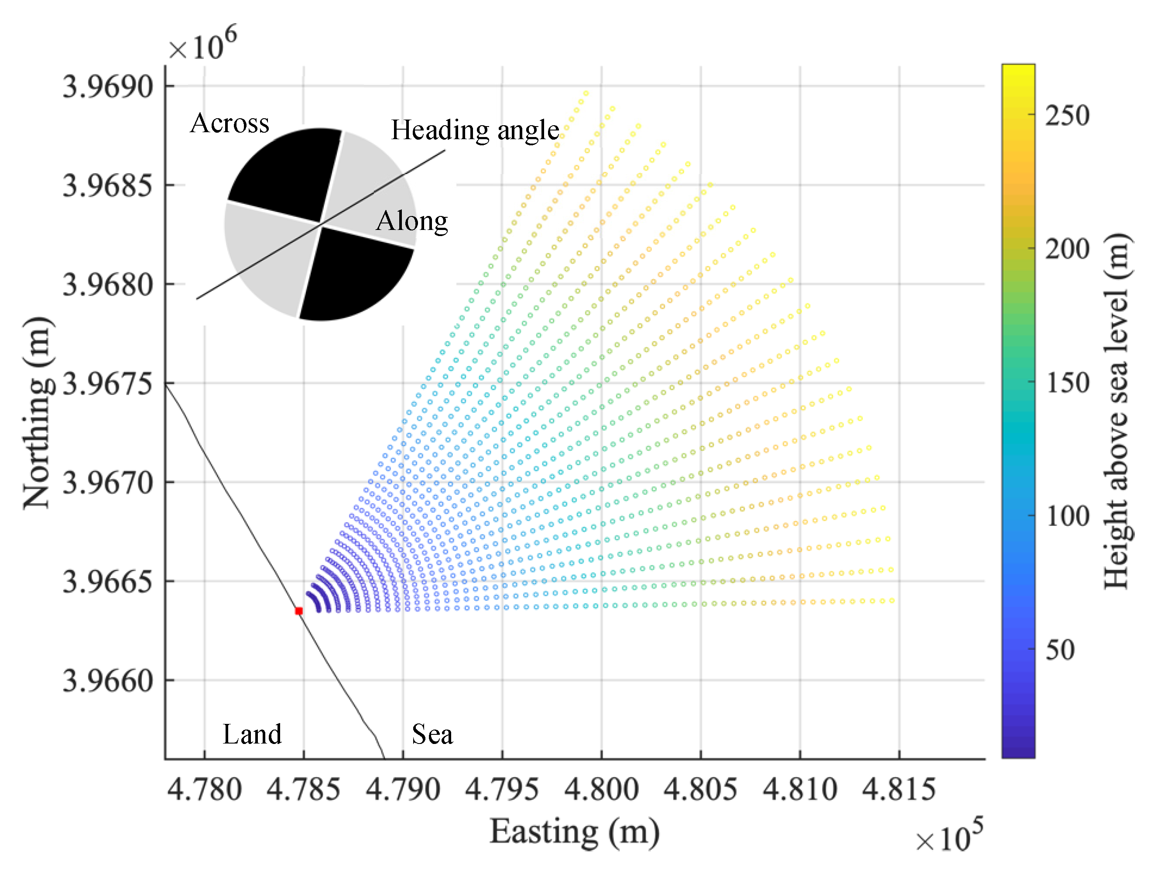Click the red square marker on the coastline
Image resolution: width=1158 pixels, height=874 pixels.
(299, 610)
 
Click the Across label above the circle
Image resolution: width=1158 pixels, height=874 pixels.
(230, 123)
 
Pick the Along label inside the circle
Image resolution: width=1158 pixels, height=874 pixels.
(411, 220)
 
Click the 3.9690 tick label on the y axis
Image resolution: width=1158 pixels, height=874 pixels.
(108, 86)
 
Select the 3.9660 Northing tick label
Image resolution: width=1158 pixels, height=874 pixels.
(108, 681)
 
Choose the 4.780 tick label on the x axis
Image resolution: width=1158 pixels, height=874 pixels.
(204, 789)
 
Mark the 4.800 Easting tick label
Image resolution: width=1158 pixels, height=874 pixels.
(602, 789)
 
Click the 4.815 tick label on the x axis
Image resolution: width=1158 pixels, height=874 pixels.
(899, 789)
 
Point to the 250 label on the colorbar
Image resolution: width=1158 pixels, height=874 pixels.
(1067, 115)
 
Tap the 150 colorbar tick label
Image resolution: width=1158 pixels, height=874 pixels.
(1067, 382)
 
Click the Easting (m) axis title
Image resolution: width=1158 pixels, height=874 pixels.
(574, 831)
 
